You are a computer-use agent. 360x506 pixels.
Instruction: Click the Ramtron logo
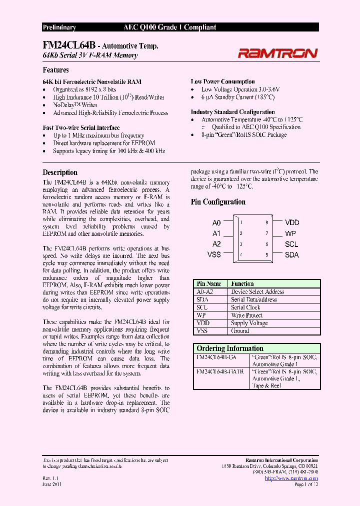pos(277,53)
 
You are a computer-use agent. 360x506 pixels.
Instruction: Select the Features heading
pos(55,70)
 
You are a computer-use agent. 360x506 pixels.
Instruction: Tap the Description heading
pos(60,172)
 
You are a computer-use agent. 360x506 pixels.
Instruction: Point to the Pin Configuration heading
pos(218,202)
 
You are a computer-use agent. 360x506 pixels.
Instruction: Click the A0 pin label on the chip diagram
pos(216,223)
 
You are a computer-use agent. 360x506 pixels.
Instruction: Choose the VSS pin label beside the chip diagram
pos(214,254)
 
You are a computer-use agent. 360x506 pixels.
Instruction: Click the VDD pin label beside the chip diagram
pos(292,223)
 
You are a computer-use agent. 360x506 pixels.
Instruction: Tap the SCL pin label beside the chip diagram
pos(291,244)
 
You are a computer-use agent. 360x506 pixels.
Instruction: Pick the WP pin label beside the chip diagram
pos(290,233)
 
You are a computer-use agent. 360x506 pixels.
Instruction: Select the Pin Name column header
pos(209,283)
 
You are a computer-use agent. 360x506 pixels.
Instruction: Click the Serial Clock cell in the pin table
pos(245,307)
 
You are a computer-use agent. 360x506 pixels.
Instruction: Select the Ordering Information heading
pos(230,348)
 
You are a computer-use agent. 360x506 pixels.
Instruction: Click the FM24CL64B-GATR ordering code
pos(220,372)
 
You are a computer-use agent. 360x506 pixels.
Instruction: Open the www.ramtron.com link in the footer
pos(291,478)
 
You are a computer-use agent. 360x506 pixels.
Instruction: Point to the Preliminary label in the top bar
pos(59,27)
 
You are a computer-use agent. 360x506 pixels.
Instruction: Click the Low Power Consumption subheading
pos(222,81)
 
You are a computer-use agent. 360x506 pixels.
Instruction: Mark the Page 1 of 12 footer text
pos(306,484)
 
